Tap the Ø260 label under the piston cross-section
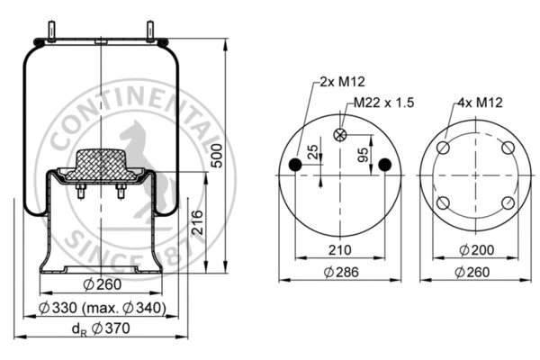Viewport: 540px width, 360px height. [x=102, y=286]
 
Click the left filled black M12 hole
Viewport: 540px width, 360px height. [x=298, y=164]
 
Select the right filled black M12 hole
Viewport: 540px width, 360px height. [x=385, y=164]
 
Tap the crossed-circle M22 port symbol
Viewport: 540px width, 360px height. [x=341, y=136]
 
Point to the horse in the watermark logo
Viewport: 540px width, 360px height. [x=135, y=148]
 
